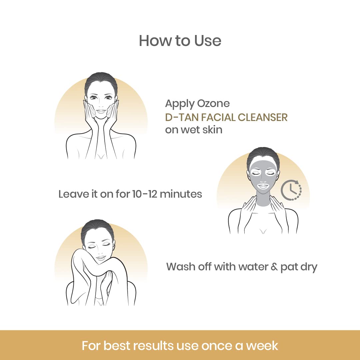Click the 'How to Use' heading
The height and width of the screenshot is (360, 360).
pos(180,41)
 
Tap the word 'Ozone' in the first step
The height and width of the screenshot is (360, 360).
pos(213,104)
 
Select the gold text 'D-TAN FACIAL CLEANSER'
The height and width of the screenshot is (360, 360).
pos(226,117)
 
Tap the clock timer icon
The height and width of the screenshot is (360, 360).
pos(291,190)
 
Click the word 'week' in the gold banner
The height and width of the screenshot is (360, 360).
pos(262,345)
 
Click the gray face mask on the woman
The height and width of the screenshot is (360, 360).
pos(263,175)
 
